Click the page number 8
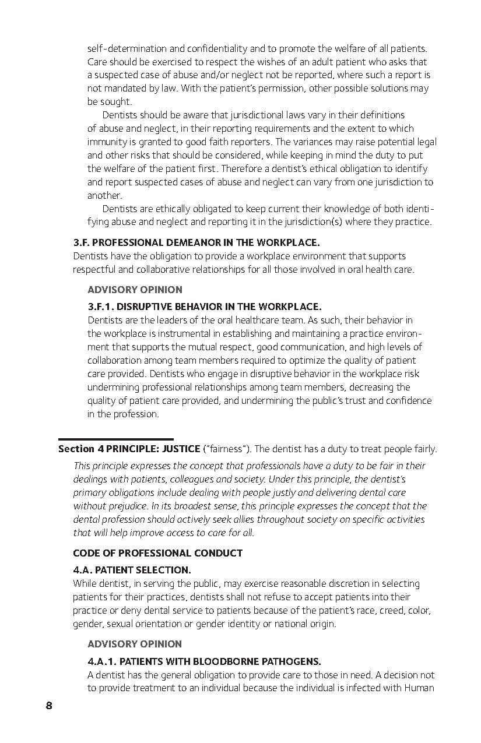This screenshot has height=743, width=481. pyautogui.click(x=49, y=706)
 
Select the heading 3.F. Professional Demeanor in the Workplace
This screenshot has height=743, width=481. pyautogui.click(x=196, y=242)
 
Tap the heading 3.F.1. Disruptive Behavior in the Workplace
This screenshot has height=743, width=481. pyautogui.click(x=204, y=307)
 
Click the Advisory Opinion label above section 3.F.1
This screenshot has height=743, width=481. pyautogui.click(x=135, y=290)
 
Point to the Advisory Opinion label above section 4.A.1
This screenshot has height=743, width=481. pyautogui.click(x=135, y=644)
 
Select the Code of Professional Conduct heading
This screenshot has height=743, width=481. pyautogui.click(x=157, y=553)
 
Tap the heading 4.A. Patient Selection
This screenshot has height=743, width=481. pyautogui.click(x=132, y=570)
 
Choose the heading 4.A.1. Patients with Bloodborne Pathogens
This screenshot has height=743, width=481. pyautogui.click(x=204, y=661)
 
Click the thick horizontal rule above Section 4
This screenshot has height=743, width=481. pyautogui.click(x=115, y=439)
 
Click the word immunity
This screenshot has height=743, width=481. pyautogui.click(x=106, y=142)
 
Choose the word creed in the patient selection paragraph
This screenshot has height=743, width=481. pyautogui.click(x=389, y=610)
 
